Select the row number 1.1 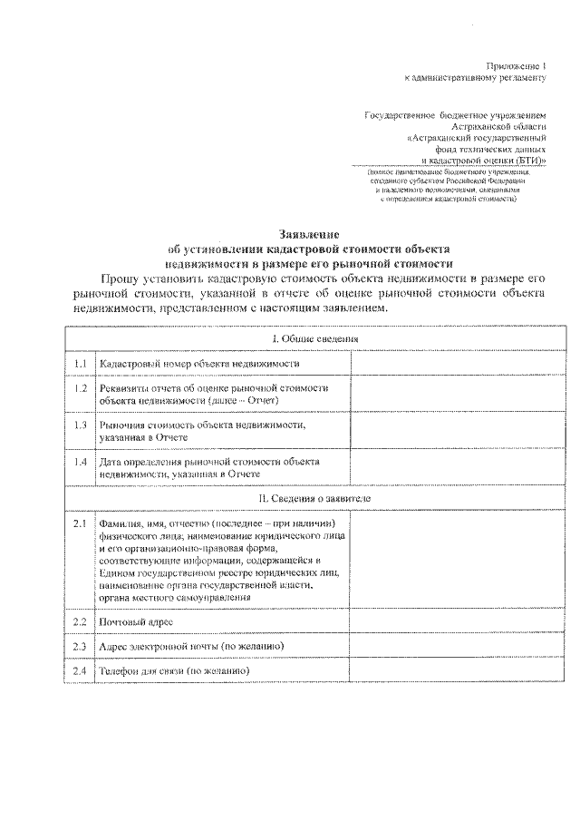[80, 363]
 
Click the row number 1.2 [80, 388]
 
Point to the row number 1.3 [80, 425]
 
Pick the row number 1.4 [80, 462]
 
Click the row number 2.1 [80, 524]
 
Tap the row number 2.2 [80, 621]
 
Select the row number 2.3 [80, 646]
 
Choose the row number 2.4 [80, 670]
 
